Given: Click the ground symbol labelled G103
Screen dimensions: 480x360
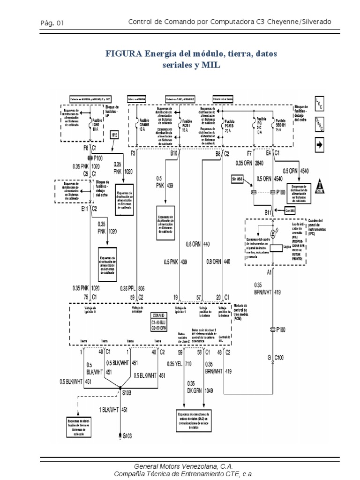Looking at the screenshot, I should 121,435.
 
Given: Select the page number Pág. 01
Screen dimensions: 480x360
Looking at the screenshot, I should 52,22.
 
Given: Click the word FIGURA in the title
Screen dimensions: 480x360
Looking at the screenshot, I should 123,54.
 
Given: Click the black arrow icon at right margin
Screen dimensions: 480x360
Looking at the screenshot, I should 320,146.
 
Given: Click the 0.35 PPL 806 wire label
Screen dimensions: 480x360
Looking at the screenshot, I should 132,288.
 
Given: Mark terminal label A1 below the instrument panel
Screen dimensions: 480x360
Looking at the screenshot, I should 270,271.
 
